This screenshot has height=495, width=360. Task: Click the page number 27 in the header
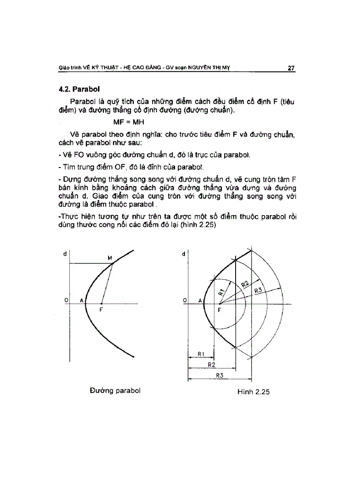coord(291,68)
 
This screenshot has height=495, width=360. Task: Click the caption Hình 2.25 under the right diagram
coord(253,392)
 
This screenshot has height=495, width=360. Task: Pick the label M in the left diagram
coord(110,257)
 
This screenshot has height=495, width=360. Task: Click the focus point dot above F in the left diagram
coord(101,304)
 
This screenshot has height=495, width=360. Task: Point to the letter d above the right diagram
coord(183,254)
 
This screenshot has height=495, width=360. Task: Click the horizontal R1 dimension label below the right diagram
coord(200,354)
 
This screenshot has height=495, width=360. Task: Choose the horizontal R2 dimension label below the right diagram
coord(211,365)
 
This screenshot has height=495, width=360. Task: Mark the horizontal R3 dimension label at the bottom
coord(219,375)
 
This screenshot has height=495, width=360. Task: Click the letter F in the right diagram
coord(219,310)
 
